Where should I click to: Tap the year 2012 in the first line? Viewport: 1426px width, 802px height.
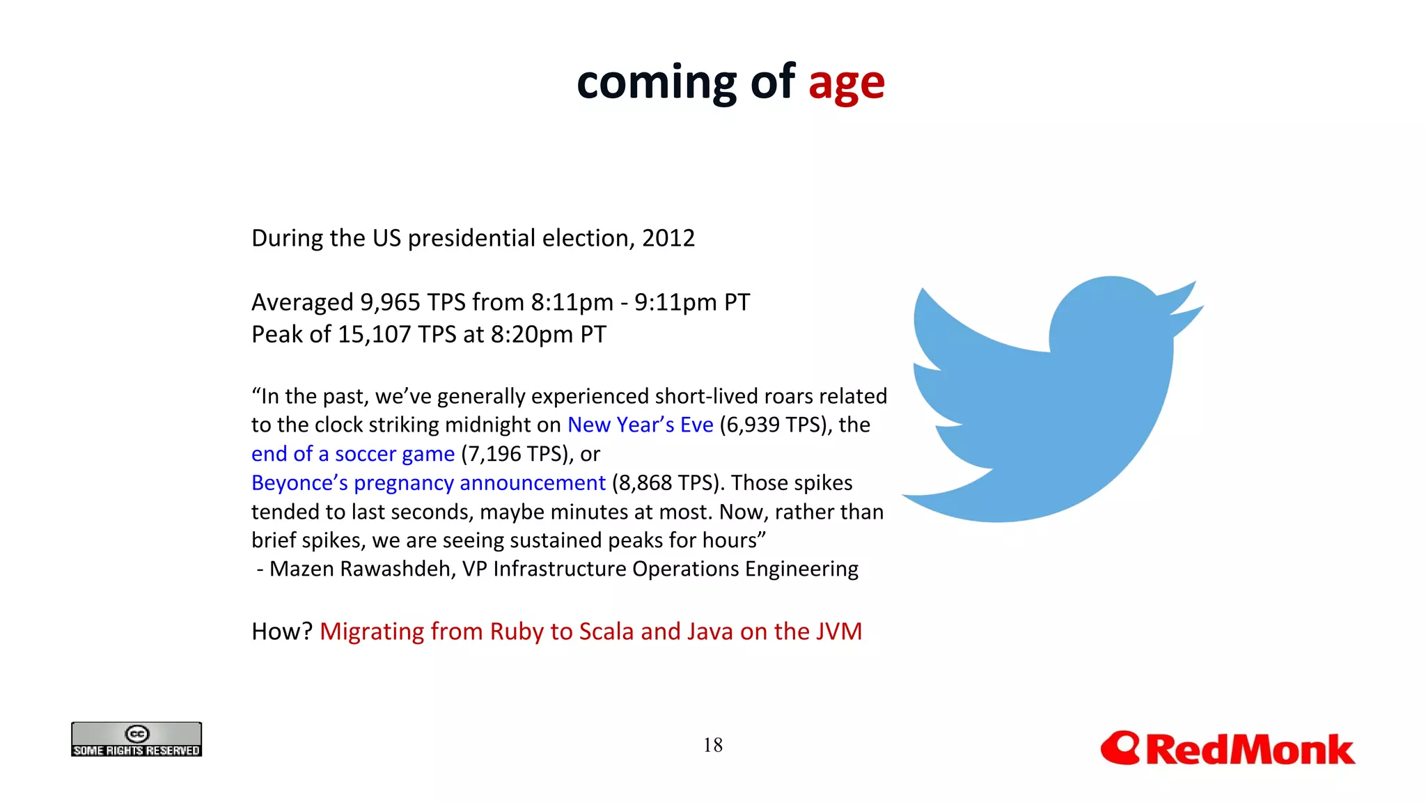[668, 238]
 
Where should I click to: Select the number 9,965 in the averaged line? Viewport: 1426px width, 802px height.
[390, 302]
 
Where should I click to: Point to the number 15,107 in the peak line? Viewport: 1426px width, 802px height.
[375, 334]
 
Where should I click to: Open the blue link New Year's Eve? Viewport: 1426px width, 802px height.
[640, 425]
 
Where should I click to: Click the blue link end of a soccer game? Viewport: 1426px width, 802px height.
[352, 454]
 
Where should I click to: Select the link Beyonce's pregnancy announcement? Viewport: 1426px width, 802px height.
[428, 482]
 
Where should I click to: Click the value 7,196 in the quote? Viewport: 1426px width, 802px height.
[494, 454]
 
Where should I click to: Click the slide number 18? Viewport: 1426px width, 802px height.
[712, 745]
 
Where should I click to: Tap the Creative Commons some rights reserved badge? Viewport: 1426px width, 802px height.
[136, 739]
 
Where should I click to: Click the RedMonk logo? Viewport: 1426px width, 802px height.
[1227, 749]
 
